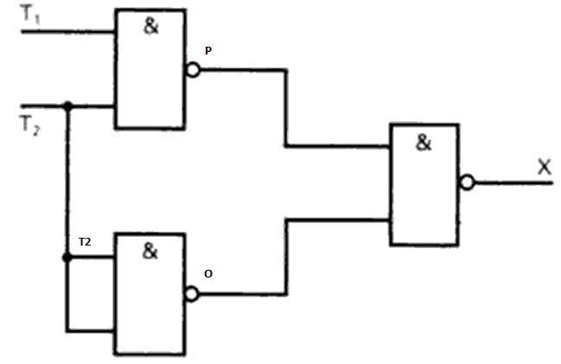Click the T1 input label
pos(30,15)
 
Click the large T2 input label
pos(29,125)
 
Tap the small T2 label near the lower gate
pos(85,242)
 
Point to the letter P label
pos(208,51)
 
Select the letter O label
pos(208,274)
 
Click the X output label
pos(545,167)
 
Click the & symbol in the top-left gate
pos(150,26)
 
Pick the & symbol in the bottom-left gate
pos(150,251)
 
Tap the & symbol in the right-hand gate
pos(424,143)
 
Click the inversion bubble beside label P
pos(194,70)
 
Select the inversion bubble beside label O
pos(192,294)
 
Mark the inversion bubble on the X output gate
pos(468,182)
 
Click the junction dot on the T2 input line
pos(67,106)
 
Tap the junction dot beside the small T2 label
pos(67,258)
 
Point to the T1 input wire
pos(68,32)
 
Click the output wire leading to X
pos(513,183)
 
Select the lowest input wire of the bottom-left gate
pos(90,331)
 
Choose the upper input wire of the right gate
pos(286,108)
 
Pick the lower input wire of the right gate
pos(286,257)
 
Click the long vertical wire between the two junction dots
pos(67,182)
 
